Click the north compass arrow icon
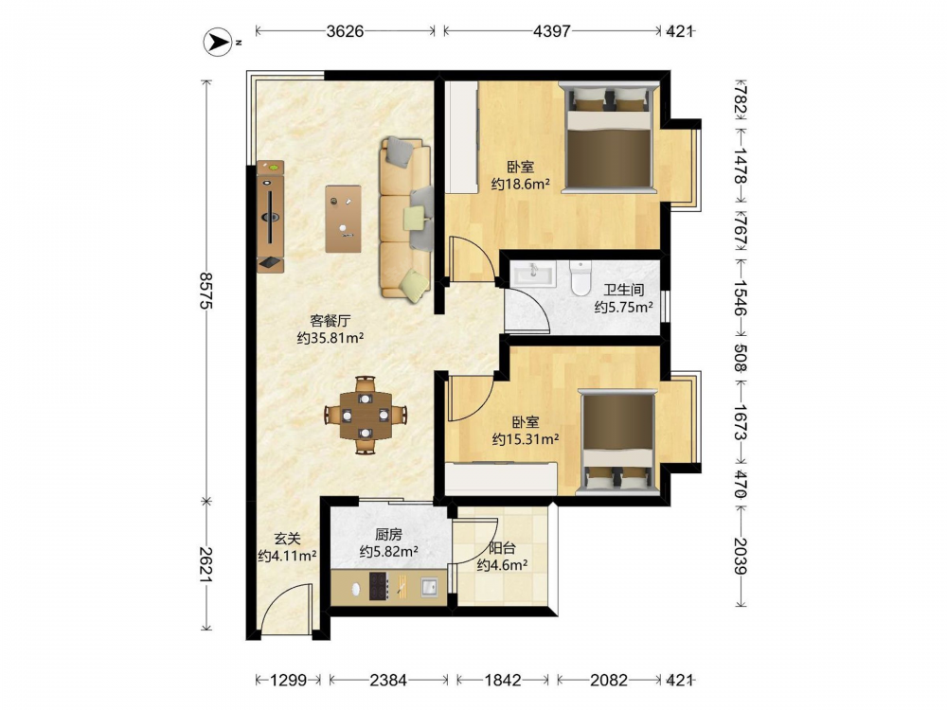click(x=218, y=43)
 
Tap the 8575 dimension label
click(x=205, y=291)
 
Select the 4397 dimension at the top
click(x=551, y=31)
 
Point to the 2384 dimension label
click(x=387, y=681)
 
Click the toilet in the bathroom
click(x=581, y=278)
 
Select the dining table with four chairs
click(x=365, y=415)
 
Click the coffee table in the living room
click(x=343, y=219)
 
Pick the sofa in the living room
click(x=405, y=220)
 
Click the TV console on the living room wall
click(x=270, y=216)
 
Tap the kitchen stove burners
click(x=379, y=586)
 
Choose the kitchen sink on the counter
click(x=429, y=587)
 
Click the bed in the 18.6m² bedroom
click(x=608, y=137)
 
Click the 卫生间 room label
click(x=623, y=291)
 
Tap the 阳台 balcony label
click(x=502, y=548)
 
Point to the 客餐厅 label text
click(x=330, y=321)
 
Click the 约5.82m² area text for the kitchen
click(x=389, y=551)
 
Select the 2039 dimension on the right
click(x=742, y=556)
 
